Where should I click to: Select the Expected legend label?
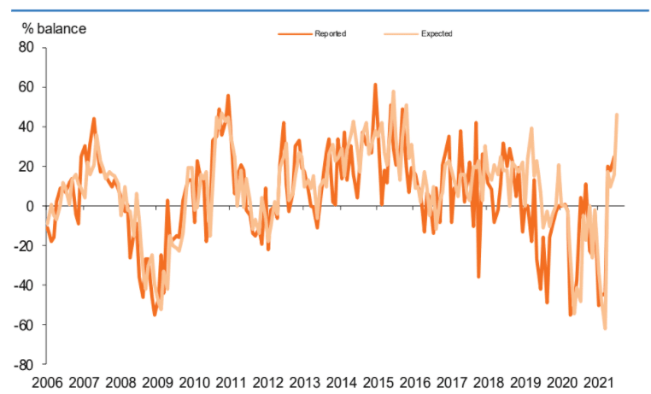pyautogui.click(x=437, y=33)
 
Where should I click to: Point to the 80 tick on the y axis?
pyautogui.click(x=26, y=48)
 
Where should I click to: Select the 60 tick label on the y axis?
pyautogui.click(x=26, y=87)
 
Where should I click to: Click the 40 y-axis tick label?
pyautogui.click(x=26, y=126)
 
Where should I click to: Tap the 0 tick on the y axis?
pyautogui.click(x=30, y=206)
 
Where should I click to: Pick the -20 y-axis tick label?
pyautogui.click(x=23, y=245)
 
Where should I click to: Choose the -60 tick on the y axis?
pyautogui.click(x=23, y=325)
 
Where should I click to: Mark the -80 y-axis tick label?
pyautogui.click(x=23, y=364)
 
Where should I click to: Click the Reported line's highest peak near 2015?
pyautogui.click(x=375, y=85)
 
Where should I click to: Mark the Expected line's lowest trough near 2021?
pyautogui.click(x=605, y=328)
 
